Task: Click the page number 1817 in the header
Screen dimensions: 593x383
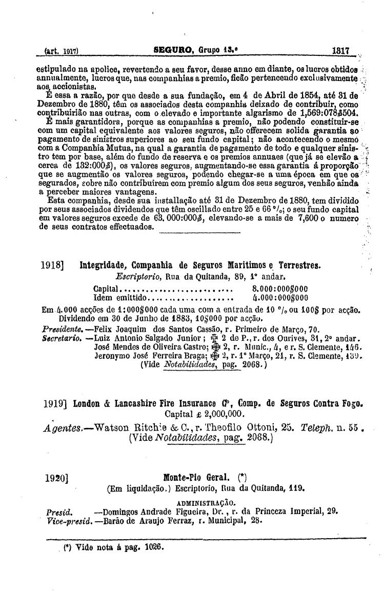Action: (x=340, y=51)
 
